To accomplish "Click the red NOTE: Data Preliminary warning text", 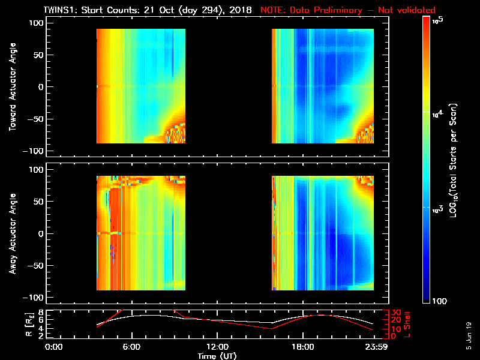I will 348,11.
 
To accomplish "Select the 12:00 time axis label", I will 217,346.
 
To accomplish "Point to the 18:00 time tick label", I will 302,346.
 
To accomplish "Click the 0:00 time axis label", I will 54,346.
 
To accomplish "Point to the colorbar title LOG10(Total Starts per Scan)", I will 463,159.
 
